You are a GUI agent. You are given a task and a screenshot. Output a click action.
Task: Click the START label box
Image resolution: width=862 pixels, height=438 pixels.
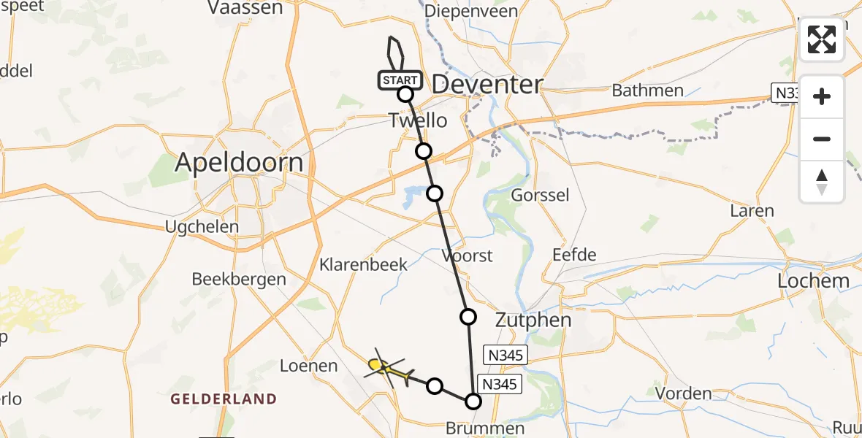click(400, 80)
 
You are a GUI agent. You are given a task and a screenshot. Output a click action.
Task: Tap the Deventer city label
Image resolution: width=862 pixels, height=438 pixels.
click(487, 85)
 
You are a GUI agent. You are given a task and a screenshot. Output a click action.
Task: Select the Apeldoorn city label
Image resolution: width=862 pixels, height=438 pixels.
click(239, 162)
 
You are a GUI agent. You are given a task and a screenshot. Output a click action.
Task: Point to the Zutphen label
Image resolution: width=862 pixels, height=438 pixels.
click(533, 320)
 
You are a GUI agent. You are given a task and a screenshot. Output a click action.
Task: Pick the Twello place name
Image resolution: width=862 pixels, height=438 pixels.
click(417, 120)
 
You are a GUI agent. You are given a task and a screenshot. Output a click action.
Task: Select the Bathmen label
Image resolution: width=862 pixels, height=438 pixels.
click(647, 91)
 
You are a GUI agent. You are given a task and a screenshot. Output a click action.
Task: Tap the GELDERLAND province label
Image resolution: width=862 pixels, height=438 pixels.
click(224, 399)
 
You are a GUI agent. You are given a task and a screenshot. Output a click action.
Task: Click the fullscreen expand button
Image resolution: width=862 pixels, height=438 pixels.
click(822, 39)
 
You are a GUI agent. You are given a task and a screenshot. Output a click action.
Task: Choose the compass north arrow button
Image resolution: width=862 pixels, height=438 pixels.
click(822, 182)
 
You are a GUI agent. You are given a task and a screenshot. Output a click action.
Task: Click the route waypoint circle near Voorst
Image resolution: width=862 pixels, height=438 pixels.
click(468, 317)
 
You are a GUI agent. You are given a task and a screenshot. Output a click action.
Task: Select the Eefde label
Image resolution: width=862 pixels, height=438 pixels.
click(574, 255)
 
